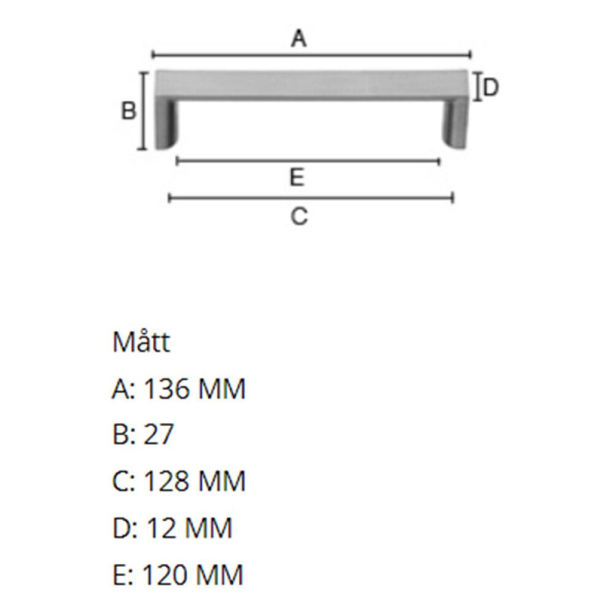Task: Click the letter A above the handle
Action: tap(298, 39)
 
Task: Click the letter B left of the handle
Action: tap(128, 112)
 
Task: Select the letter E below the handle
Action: tap(297, 178)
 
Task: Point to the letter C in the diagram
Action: tap(299, 216)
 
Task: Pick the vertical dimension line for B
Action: tap(144, 111)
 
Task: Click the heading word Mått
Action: tap(141, 343)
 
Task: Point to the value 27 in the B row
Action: tap(158, 435)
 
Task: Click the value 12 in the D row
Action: tap(157, 528)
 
